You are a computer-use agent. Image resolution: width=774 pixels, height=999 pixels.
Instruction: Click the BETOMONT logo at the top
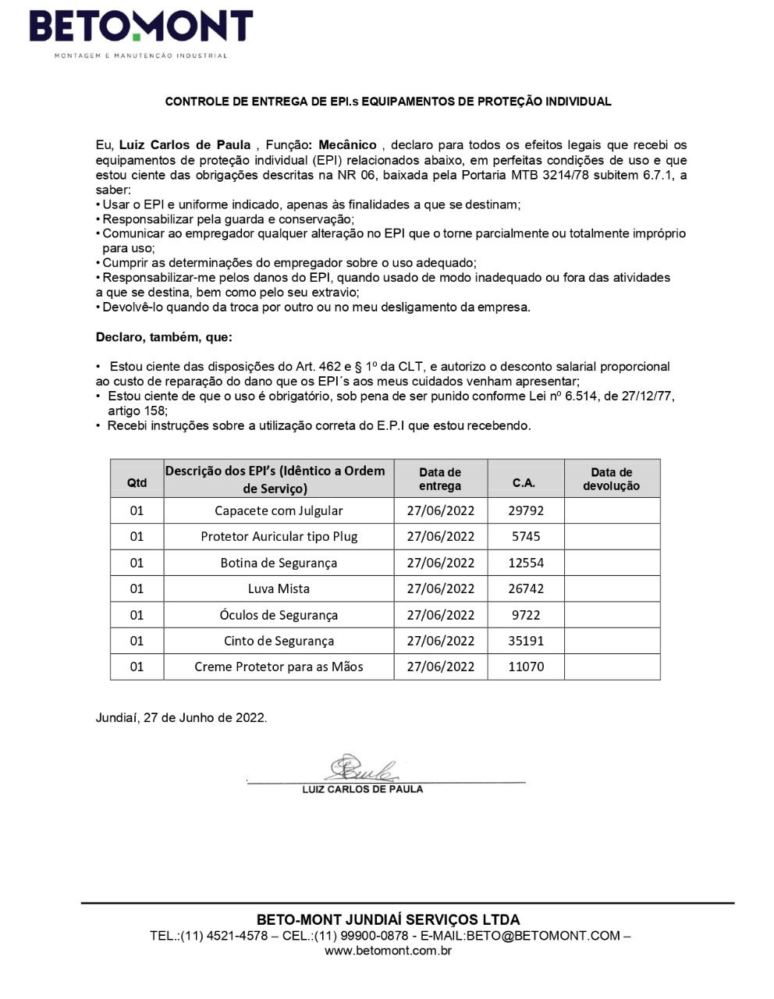click(141, 29)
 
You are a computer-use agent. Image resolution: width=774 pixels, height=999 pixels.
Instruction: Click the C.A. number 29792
click(526, 510)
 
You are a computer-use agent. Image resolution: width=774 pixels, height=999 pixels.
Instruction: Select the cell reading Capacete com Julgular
click(279, 510)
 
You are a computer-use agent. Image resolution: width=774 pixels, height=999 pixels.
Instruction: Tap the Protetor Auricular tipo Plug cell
click(279, 536)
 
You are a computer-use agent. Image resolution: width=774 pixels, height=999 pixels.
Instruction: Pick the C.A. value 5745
click(526, 536)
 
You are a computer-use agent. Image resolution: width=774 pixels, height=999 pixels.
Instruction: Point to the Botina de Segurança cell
click(279, 563)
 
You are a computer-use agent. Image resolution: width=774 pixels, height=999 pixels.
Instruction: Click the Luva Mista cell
click(279, 588)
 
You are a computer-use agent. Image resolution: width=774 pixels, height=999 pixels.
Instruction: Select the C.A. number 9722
click(526, 615)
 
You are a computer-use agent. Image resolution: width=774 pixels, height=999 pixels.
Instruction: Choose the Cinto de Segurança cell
click(279, 641)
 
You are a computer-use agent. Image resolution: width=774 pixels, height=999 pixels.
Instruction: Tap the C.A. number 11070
click(526, 667)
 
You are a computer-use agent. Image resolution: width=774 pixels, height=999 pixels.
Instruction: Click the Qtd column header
click(137, 482)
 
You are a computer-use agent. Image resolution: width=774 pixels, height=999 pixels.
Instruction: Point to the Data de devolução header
click(611, 479)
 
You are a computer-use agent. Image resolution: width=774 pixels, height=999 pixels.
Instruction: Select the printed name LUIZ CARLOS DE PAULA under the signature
click(363, 789)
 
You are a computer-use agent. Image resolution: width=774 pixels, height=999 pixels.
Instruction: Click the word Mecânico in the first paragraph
click(347, 145)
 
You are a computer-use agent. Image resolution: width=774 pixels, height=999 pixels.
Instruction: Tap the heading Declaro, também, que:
click(164, 337)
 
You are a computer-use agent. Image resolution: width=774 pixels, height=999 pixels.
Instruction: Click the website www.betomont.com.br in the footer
click(388, 951)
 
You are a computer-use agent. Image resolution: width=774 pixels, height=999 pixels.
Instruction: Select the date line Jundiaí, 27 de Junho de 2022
click(181, 717)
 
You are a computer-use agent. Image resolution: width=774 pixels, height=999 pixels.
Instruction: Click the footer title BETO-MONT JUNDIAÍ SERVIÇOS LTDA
click(388, 919)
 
